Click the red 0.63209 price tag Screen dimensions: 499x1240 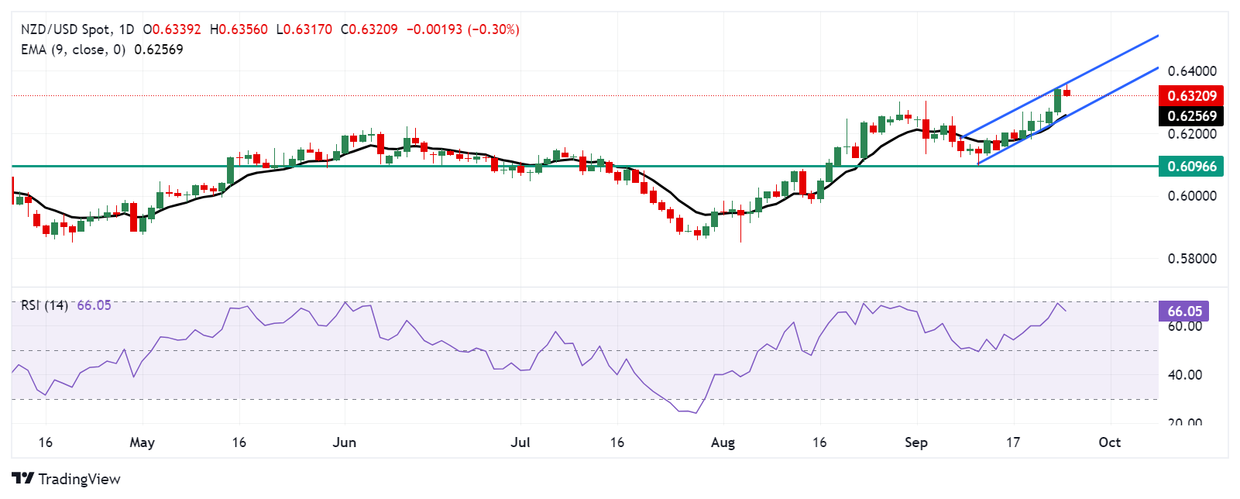[x=1191, y=96]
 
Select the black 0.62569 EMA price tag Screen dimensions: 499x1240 [x=1191, y=116]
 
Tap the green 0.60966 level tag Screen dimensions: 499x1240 [x=1191, y=166]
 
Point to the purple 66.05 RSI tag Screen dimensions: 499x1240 [x=1184, y=311]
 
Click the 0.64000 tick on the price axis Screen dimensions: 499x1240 [x=1192, y=71]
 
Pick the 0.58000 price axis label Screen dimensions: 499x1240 [x=1192, y=258]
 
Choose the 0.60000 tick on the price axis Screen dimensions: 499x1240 [x=1192, y=196]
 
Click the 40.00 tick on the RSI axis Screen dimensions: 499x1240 [x=1184, y=375]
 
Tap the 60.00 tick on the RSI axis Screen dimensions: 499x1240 [x=1184, y=326]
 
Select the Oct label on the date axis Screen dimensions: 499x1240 [x=1110, y=442]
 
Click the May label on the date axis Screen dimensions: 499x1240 [x=143, y=442]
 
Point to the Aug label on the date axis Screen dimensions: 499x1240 [x=723, y=442]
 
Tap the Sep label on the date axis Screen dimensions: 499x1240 [x=916, y=442]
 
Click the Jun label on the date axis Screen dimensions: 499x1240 [x=344, y=442]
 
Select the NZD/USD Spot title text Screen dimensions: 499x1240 [x=65, y=29]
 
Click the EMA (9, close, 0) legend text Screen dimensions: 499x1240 [x=73, y=50]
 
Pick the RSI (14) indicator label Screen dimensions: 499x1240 [x=44, y=305]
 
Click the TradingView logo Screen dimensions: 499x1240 [x=67, y=479]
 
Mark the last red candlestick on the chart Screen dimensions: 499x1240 [x=1067, y=93]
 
